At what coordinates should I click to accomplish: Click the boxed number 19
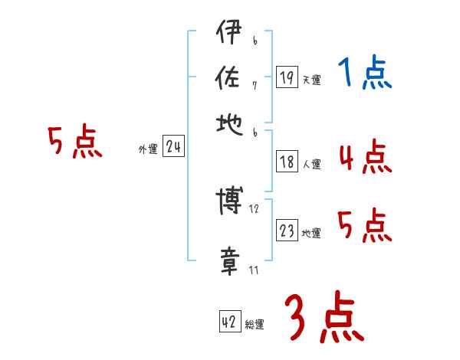pyautogui.click(x=287, y=77)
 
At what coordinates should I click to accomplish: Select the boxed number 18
pyautogui.click(x=287, y=162)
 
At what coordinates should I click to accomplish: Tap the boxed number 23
pyautogui.click(x=287, y=231)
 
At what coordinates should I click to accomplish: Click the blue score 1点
pyautogui.click(x=365, y=74)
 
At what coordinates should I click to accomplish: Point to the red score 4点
pyautogui.click(x=365, y=158)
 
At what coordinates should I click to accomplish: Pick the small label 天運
pyautogui.click(x=312, y=80)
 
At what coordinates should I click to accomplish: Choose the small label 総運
pyautogui.click(x=255, y=325)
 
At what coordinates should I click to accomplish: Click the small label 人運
pyautogui.click(x=312, y=164)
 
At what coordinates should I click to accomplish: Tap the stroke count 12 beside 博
pyautogui.click(x=255, y=208)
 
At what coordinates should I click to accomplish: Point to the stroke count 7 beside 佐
pyautogui.click(x=254, y=85)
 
